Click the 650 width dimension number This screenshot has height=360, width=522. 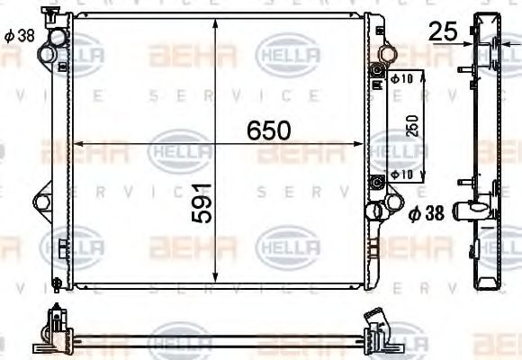[x=270, y=131]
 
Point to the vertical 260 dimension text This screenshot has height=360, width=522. [x=413, y=126]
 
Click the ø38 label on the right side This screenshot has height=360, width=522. [x=427, y=214]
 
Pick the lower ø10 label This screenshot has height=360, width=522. [x=402, y=173]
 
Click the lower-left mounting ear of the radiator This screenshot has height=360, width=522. [x=41, y=202]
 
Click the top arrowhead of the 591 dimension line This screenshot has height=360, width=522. [x=214, y=23]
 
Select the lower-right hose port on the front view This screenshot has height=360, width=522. [x=373, y=212]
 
